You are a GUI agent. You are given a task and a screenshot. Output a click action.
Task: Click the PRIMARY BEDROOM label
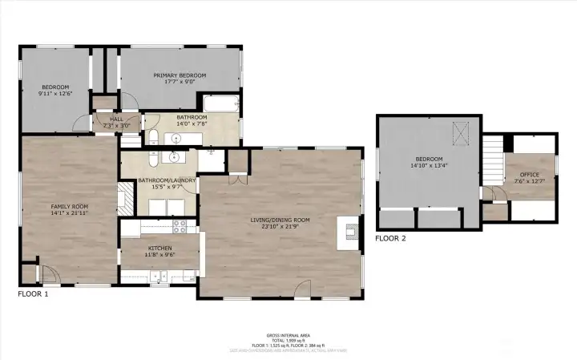click(x=180, y=75)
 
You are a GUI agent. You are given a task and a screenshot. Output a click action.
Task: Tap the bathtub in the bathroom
click(x=220, y=104)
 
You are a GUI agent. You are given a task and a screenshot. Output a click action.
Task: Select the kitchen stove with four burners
click(x=180, y=227)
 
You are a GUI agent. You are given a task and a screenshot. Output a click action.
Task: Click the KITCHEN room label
click(x=159, y=249)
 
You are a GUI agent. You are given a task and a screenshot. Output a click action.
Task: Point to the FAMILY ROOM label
click(x=70, y=207)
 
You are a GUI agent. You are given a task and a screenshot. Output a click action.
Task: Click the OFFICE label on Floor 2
click(x=529, y=174)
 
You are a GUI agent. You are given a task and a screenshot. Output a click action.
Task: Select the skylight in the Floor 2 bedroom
click(x=461, y=131)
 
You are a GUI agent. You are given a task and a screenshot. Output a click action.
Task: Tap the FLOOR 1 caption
click(x=34, y=294)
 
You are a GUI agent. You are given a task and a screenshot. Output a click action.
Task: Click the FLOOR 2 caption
click(x=391, y=238)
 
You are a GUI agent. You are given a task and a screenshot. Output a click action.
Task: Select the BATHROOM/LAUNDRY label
click(x=167, y=180)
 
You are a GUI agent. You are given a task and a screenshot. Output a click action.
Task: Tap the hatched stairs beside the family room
click(x=126, y=197)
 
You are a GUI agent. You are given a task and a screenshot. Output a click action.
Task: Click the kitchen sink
click(x=162, y=277)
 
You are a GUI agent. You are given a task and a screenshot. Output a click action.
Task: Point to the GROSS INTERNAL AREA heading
click(x=288, y=334)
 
